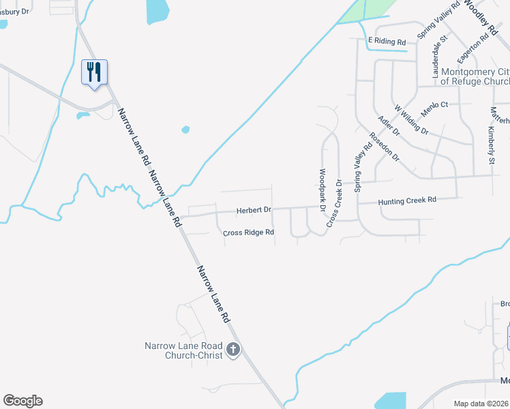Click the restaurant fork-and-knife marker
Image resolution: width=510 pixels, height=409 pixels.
tap(95, 72)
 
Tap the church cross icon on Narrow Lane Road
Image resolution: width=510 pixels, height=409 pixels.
tap(233, 350)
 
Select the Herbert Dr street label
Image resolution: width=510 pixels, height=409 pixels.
tap(254, 210)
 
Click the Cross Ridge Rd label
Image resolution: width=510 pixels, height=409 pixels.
tap(249, 232)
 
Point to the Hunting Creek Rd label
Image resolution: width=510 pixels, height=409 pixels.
tap(406, 200)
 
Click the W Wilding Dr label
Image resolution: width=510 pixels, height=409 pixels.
tap(411, 119)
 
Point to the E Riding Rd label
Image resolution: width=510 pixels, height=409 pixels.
tap(387, 42)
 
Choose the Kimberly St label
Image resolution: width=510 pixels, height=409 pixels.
tap(491, 145)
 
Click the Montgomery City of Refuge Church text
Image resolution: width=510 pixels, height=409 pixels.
tap(475, 76)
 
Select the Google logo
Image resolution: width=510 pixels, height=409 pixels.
tap(22, 401)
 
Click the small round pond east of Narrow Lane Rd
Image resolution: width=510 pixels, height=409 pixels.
tap(185, 129)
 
